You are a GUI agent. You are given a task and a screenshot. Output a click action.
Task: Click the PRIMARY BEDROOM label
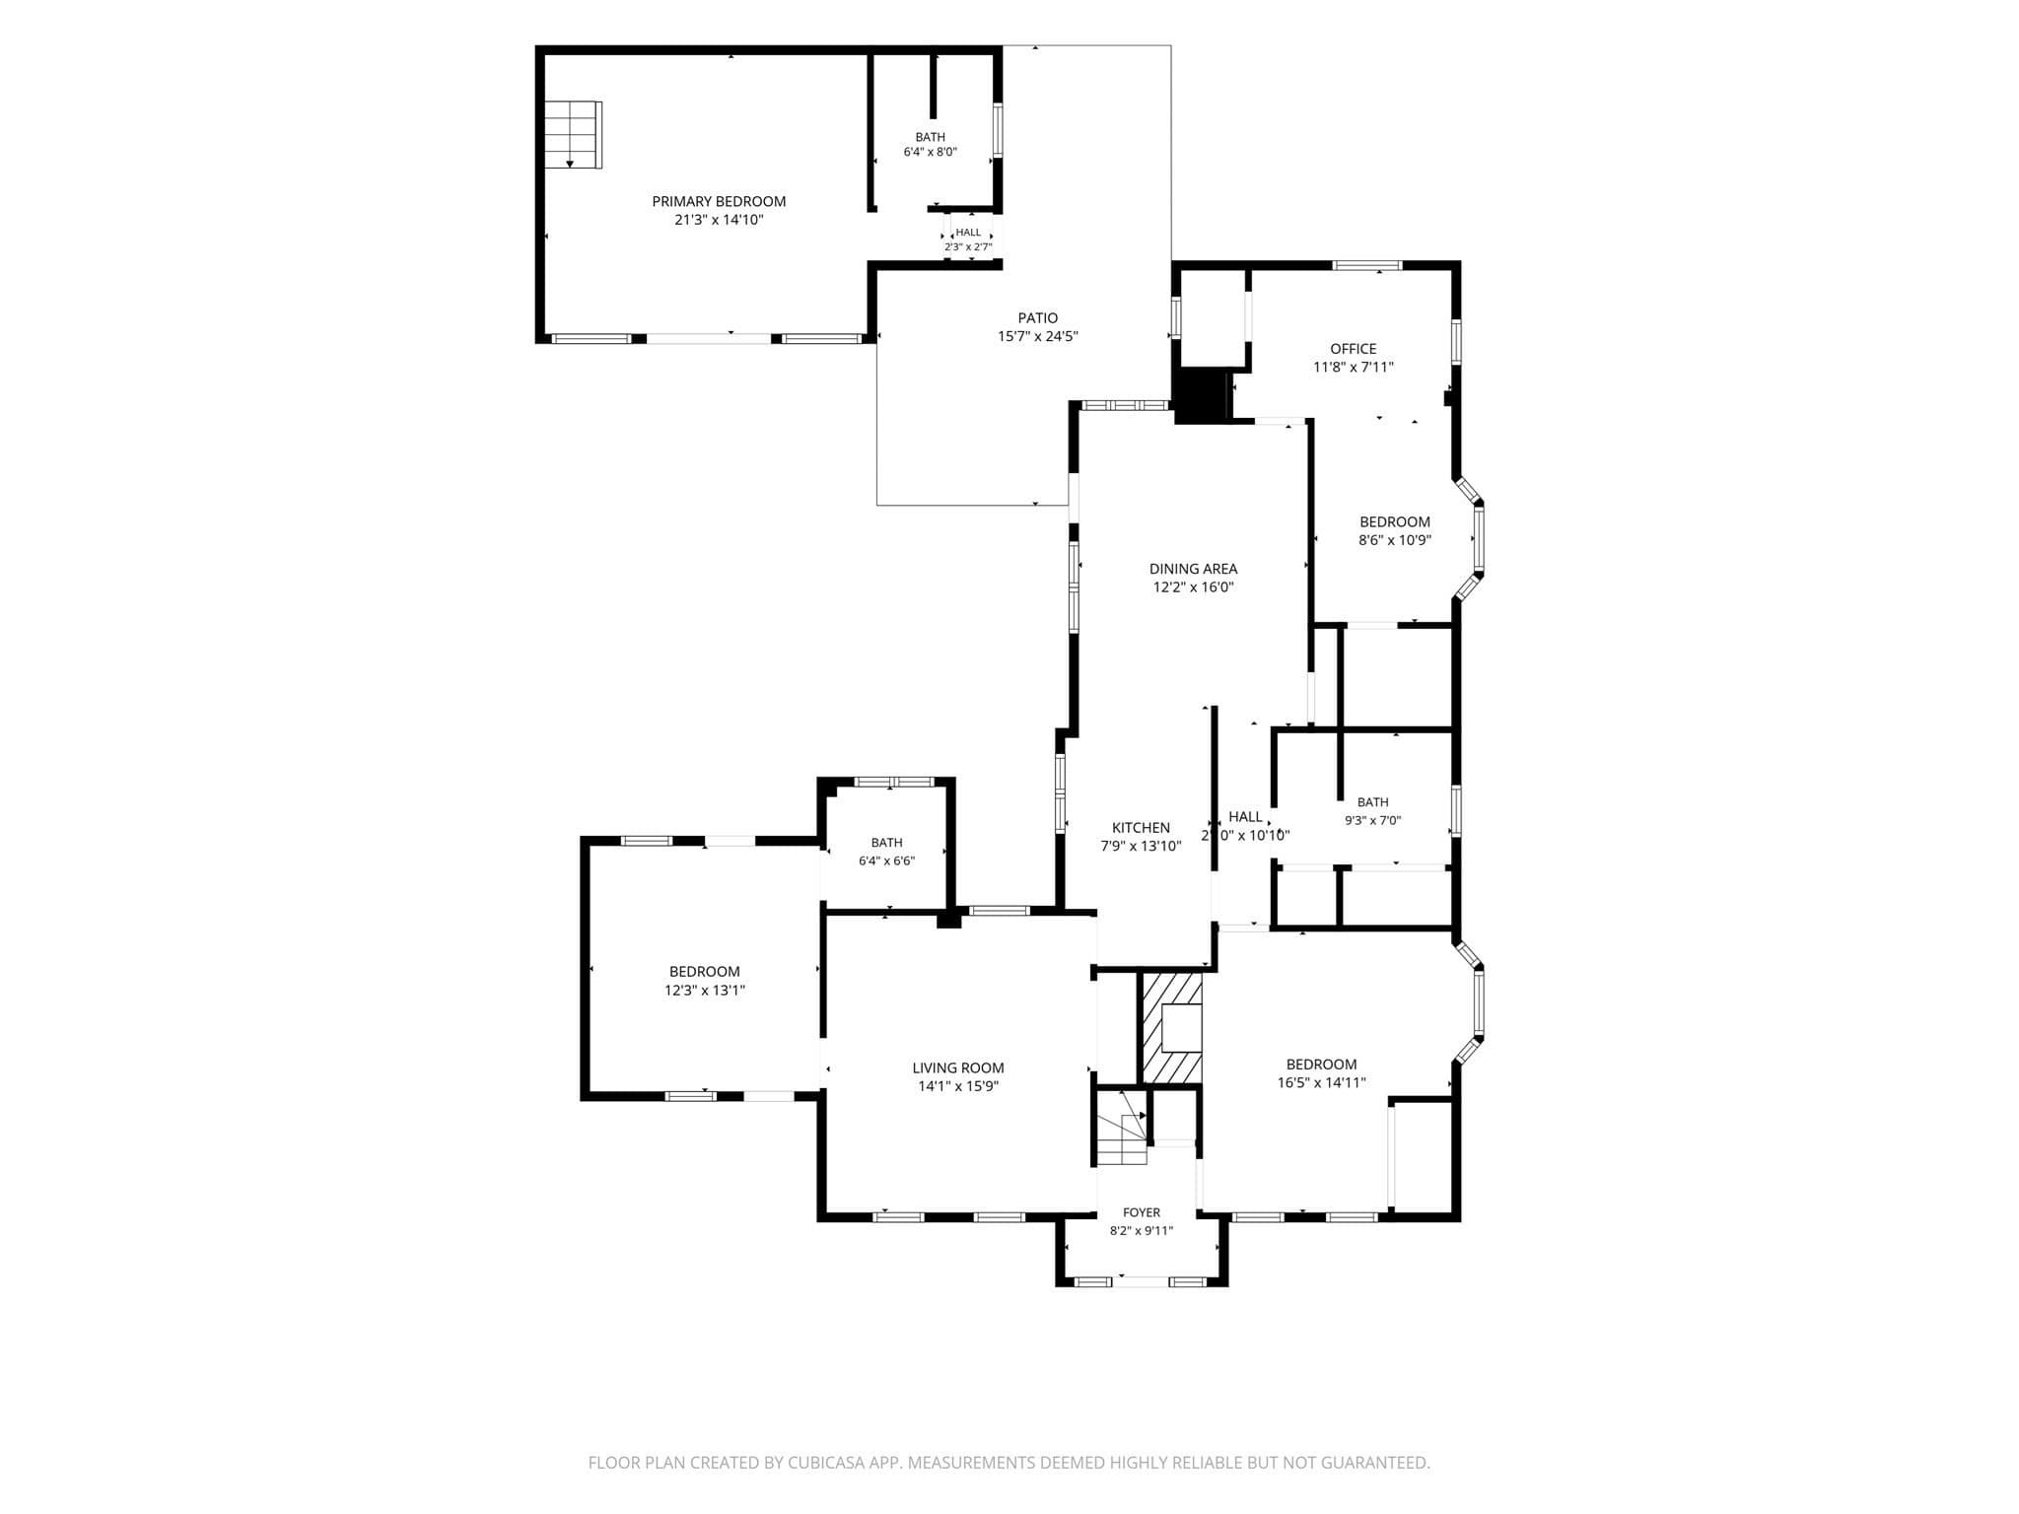(x=719, y=201)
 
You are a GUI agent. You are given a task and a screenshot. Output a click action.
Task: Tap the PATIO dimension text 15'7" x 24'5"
(x=1038, y=336)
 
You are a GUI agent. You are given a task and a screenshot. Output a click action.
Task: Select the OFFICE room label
(x=1354, y=349)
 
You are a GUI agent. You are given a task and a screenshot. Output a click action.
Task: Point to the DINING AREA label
(x=1193, y=569)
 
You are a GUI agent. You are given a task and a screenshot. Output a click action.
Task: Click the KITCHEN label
(x=1141, y=828)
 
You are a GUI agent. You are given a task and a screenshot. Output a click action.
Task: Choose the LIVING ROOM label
(x=958, y=1067)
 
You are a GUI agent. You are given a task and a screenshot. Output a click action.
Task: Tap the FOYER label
(x=1142, y=1212)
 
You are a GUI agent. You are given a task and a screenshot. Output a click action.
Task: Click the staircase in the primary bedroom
(x=573, y=134)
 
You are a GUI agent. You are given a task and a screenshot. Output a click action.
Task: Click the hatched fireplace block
(x=1171, y=1029)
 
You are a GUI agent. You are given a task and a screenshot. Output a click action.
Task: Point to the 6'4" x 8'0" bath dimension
(x=930, y=153)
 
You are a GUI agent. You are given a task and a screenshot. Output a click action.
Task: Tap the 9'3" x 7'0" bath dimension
(x=1372, y=820)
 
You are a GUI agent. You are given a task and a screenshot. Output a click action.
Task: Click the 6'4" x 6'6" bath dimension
(x=886, y=860)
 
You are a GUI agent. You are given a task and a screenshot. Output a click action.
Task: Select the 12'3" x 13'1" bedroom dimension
(x=704, y=991)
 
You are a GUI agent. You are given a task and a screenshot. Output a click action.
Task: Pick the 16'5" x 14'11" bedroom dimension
(x=1321, y=1082)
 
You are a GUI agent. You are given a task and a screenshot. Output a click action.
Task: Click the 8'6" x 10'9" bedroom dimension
(x=1394, y=540)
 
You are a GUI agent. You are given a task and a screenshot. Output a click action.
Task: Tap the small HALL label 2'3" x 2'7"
(x=968, y=240)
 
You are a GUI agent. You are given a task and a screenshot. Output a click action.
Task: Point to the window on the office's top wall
(x=1367, y=265)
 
